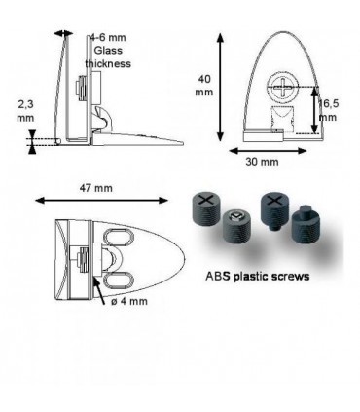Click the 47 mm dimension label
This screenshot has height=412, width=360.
coord(95,188)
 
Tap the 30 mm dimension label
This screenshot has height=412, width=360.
coord(262,162)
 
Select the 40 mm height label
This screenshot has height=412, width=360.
coord(204,86)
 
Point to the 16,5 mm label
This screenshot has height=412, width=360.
coord(328,110)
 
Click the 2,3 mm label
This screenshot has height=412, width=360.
coord(25,111)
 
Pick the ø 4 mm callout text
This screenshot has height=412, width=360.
coord(128,301)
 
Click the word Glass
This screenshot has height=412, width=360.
coord(108,51)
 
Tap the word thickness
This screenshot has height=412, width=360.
coord(108,63)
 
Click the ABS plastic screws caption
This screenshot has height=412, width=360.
coord(258,276)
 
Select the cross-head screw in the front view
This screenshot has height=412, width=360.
coord(282,88)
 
